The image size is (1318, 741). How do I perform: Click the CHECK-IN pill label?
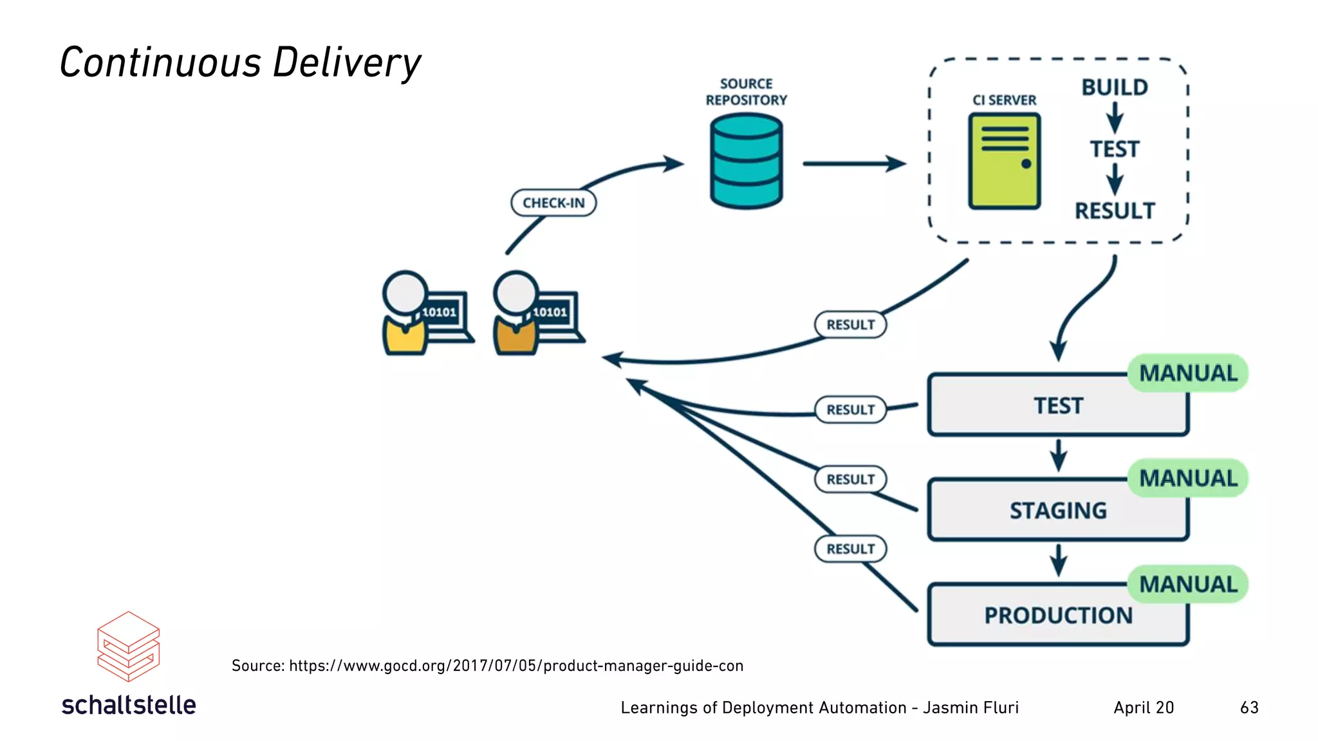click(553, 203)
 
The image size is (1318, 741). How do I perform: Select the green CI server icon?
click(1004, 161)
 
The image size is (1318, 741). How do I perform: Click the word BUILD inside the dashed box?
click(1114, 87)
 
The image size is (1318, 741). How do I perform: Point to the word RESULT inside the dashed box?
click(1114, 211)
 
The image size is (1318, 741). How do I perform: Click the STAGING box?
click(1057, 510)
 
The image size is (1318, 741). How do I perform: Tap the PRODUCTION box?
click(1057, 615)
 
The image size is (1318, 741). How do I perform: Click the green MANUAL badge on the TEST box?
click(1187, 373)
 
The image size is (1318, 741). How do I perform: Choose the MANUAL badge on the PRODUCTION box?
click(1187, 584)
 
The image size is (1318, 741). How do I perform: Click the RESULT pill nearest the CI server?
click(850, 325)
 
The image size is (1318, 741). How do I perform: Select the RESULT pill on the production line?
click(850, 549)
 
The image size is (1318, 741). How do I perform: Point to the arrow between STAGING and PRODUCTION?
click(1058, 560)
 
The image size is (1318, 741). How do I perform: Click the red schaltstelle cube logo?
click(128, 646)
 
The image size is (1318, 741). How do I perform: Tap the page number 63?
click(1248, 708)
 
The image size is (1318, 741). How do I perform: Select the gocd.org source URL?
click(515, 666)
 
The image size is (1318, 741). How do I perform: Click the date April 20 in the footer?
click(1144, 708)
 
